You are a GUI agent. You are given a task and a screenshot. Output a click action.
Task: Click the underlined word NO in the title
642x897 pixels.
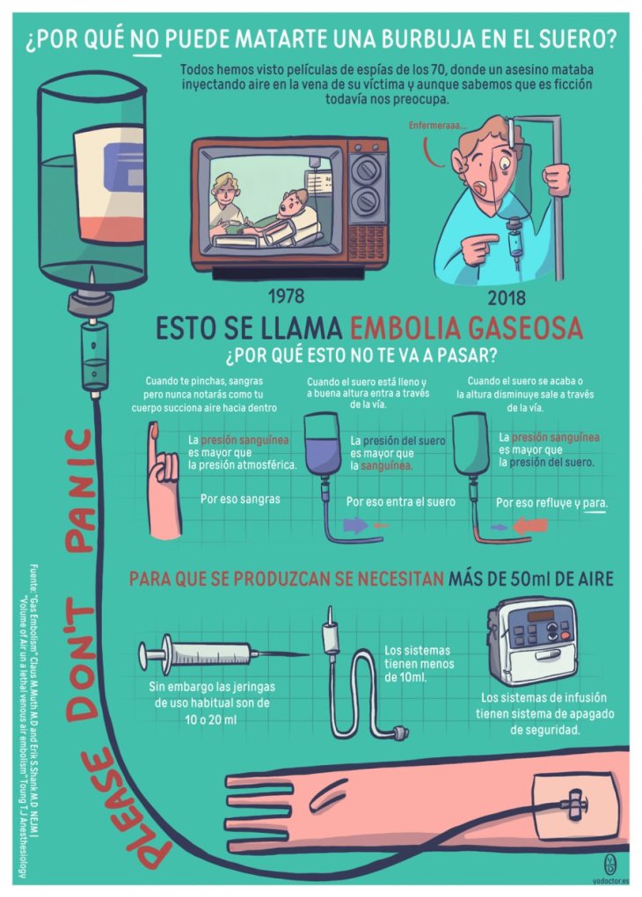coord(145,40)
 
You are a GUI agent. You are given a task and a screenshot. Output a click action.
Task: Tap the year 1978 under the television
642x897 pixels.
coord(286,295)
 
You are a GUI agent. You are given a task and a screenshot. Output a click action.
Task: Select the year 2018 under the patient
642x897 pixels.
coord(507,297)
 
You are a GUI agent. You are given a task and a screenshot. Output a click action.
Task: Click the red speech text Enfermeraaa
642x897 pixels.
coord(437,125)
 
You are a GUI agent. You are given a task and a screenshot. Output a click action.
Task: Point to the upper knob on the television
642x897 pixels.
coord(364,169)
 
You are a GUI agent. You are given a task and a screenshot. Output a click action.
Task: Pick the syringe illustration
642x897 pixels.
coord(223,653)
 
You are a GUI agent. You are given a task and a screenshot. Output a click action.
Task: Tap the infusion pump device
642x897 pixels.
coord(532,641)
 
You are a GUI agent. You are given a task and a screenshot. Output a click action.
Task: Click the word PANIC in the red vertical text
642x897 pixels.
coord(80,491)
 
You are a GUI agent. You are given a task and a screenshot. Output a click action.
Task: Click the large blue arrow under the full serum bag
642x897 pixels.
coord(355,525)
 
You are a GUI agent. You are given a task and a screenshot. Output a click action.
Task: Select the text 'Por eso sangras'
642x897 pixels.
coord(240,499)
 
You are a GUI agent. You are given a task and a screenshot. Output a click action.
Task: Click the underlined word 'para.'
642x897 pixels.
coord(595,503)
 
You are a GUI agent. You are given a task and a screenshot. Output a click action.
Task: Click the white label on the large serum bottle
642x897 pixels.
coord(109,184)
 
